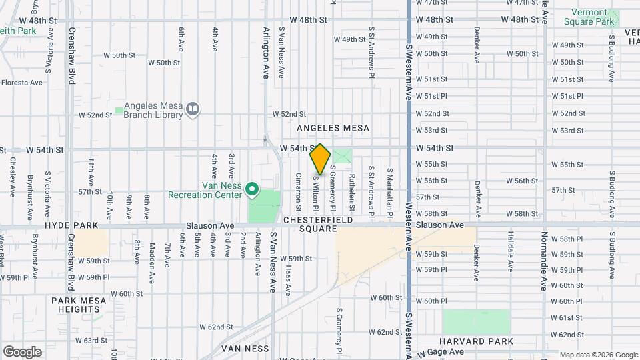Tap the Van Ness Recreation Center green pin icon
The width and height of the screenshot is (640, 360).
(252, 190)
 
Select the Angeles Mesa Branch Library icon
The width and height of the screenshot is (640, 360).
(193, 109)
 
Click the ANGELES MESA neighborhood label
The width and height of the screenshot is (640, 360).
(333, 128)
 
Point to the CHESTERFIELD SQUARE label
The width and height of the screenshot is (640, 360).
(316, 224)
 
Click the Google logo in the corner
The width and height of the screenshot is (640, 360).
(22, 352)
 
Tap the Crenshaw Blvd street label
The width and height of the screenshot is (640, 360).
(71, 55)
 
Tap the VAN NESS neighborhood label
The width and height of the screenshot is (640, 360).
(245, 349)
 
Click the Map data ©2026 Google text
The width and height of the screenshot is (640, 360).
(598, 355)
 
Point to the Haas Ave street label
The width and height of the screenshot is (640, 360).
(287, 279)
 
